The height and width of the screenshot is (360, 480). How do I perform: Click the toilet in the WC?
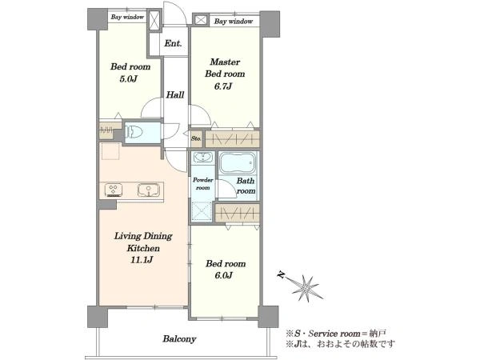pyautogui.click(x=134, y=132)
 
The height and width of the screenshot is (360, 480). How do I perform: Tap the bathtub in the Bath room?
pyautogui.click(x=238, y=163)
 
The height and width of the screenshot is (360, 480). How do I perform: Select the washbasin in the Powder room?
pyautogui.click(x=202, y=158)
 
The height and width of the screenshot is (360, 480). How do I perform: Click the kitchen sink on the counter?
pyautogui.click(x=149, y=190)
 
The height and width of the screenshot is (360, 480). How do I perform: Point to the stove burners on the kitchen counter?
pyautogui.click(x=114, y=190)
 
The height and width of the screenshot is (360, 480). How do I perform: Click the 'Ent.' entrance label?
pyautogui.click(x=173, y=43)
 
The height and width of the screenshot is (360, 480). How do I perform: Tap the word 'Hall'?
pyautogui.click(x=175, y=95)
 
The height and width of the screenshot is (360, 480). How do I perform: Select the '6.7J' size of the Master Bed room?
pyautogui.click(x=223, y=86)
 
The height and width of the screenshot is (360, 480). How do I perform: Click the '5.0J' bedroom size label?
pyautogui.click(x=128, y=79)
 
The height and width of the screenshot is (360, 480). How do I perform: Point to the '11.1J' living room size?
pyautogui.click(x=142, y=260)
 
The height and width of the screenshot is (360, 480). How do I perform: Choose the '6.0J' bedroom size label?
pyautogui.click(x=223, y=275)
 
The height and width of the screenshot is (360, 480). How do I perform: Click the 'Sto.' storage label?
pyautogui.click(x=196, y=138)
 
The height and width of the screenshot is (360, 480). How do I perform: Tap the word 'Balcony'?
pyautogui.click(x=179, y=339)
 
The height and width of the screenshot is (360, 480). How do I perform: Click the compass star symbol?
pyautogui.click(x=306, y=288)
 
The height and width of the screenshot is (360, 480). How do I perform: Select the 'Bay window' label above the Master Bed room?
pyautogui.click(x=234, y=22)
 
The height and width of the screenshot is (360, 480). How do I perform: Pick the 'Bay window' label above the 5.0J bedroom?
pyautogui.click(x=127, y=17)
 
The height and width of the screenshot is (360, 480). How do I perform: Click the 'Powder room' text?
pyautogui.click(x=203, y=184)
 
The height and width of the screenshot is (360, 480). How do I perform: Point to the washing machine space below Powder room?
pyautogui.click(x=202, y=211)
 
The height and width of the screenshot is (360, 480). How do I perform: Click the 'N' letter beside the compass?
pyautogui.click(x=280, y=275)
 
